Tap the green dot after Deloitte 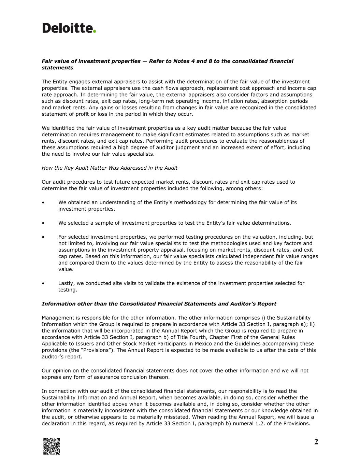[95, 31]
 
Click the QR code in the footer [52, 446]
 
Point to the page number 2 [316, 442]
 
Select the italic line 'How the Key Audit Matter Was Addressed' [110, 168]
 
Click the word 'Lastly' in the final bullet [66, 283]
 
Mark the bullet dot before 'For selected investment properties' [43, 237]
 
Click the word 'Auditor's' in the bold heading [244, 304]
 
